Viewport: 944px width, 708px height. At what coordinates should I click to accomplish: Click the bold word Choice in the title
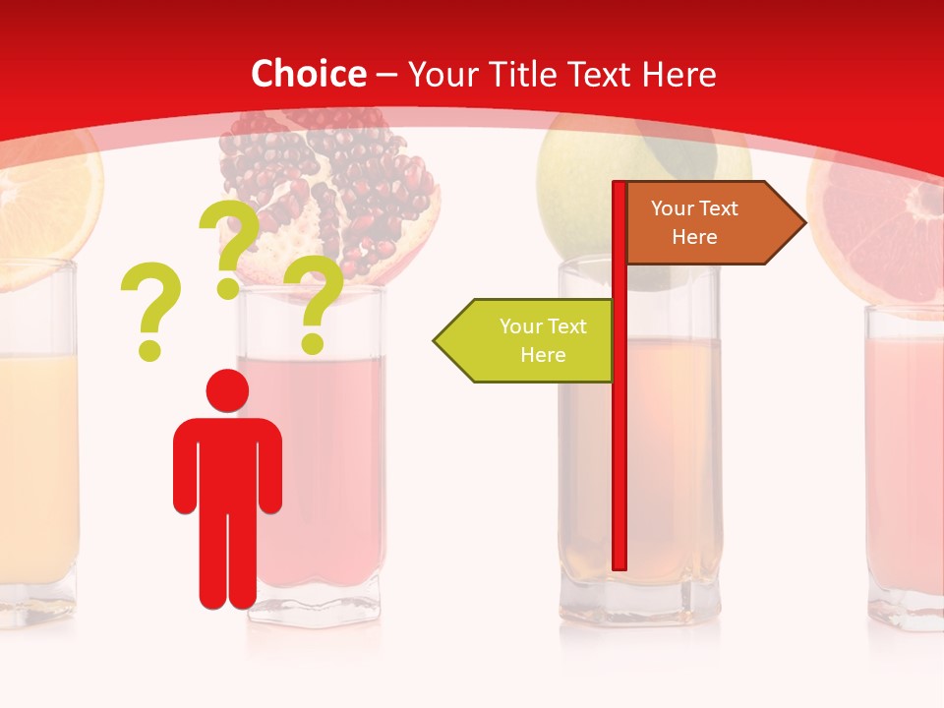click(308, 75)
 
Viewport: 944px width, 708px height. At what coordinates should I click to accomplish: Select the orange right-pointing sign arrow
click(708, 223)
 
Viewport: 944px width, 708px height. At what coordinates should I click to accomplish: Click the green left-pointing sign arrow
click(526, 340)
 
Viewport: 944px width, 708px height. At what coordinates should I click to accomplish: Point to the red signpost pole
click(619, 442)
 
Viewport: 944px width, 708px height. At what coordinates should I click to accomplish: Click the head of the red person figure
click(227, 391)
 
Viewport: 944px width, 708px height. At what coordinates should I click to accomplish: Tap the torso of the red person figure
click(227, 462)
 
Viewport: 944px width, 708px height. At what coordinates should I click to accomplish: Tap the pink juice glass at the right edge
click(905, 462)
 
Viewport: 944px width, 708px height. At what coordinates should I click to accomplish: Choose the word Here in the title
click(678, 75)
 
